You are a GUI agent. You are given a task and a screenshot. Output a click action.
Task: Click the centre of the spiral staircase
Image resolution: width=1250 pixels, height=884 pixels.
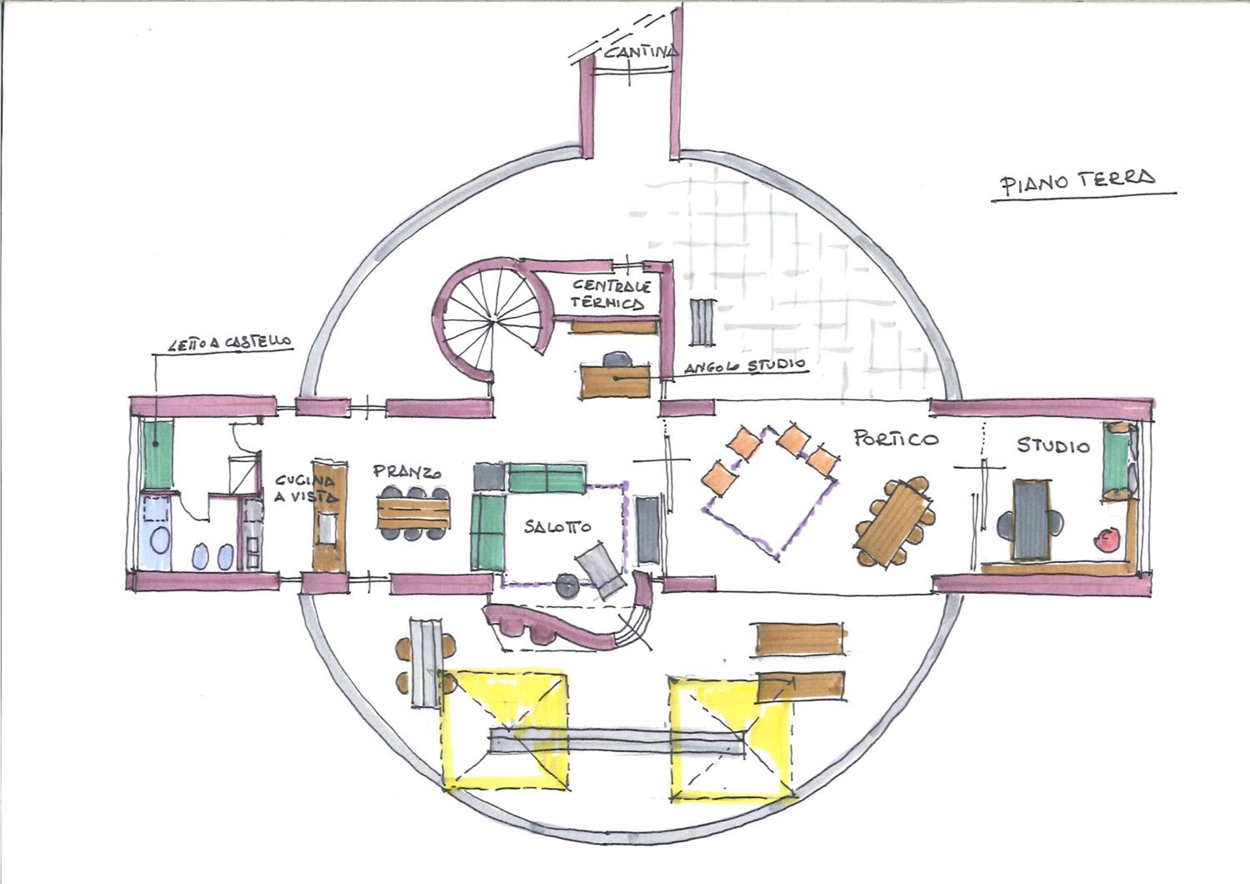(x=492, y=322)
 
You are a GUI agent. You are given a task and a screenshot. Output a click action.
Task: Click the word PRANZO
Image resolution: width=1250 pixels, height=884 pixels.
(x=407, y=472)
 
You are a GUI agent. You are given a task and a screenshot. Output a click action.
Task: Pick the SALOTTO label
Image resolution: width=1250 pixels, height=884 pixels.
(x=558, y=526)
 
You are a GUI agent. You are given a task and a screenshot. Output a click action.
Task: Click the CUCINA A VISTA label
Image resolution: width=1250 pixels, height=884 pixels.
(x=306, y=488)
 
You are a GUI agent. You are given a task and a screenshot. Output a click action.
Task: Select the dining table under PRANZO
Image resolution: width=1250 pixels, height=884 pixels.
(x=414, y=514)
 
